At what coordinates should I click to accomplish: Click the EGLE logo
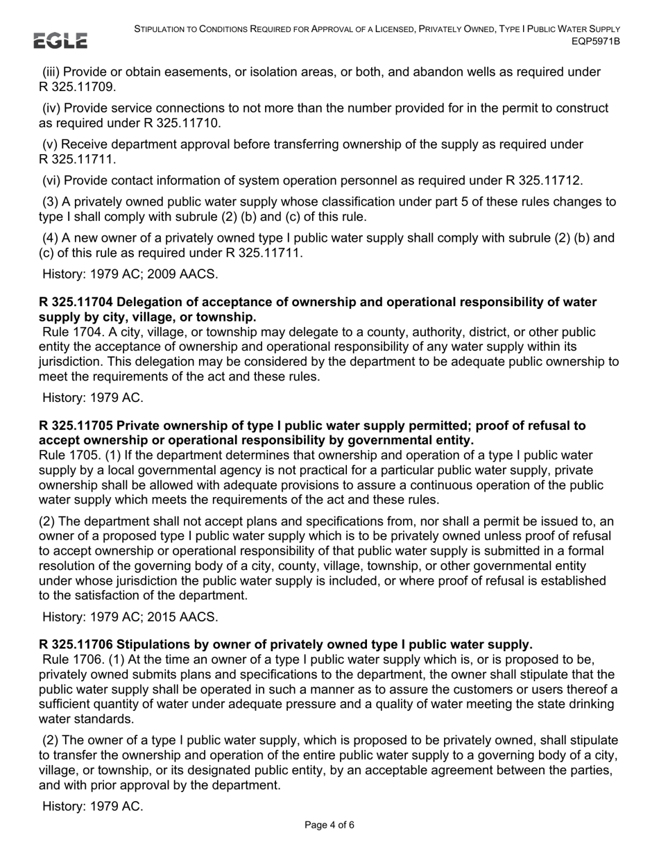click(62, 41)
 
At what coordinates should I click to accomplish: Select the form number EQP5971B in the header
click(595, 42)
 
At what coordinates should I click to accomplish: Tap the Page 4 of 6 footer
click(329, 826)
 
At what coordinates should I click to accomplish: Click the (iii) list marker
click(51, 72)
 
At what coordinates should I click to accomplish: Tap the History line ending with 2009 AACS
click(130, 274)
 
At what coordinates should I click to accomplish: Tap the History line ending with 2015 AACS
click(130, 617)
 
